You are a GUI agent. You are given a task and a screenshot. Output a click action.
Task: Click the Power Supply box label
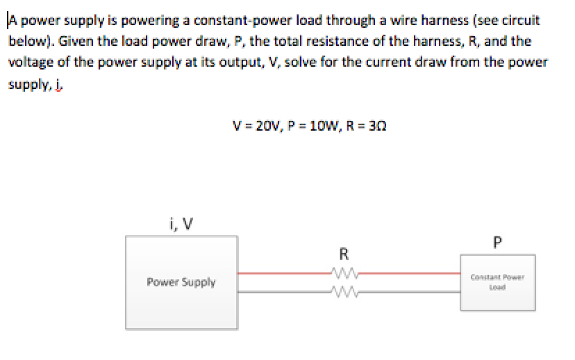coord(181,282)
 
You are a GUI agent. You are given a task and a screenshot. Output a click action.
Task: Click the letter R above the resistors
coord(344,252)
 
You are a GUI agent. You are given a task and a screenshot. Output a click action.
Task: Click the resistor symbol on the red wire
coord(344,273)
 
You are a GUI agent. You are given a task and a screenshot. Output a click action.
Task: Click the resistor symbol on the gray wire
coord(344,292)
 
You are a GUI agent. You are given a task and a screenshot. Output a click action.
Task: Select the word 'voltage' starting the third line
coord(28,62)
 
